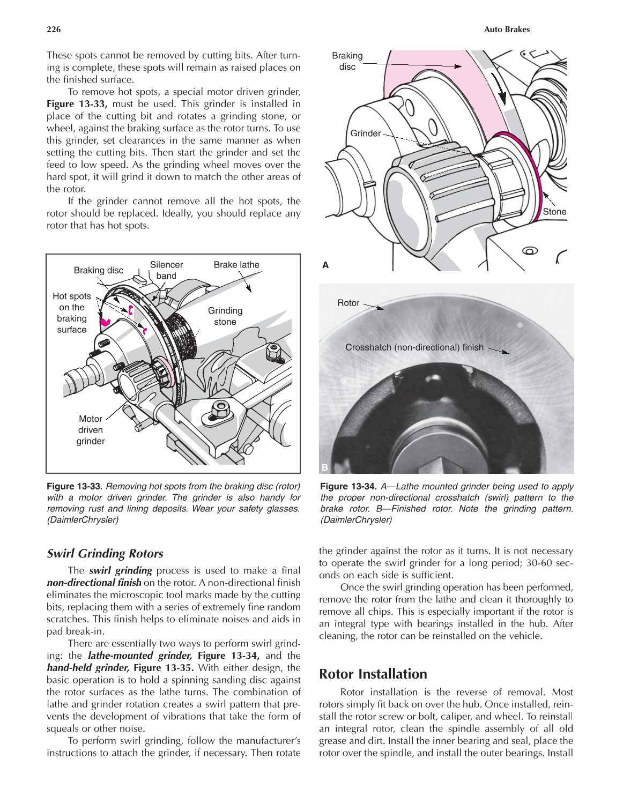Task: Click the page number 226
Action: [54, 29]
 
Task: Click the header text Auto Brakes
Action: [506, 29]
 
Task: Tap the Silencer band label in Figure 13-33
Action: [166, 270]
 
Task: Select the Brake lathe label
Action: [236, 265]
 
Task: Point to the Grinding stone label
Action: [225, 316]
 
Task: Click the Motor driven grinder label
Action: [90, 430]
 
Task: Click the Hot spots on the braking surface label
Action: [72, 313]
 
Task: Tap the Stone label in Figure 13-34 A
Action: [554, 212]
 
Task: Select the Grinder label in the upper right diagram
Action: [365, 133]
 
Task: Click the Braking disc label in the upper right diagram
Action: [347, 61]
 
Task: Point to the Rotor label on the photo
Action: [348, 303]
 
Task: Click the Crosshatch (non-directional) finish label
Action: [414, 347]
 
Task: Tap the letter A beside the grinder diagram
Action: [325, 265]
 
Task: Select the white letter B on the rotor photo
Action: [324, 467]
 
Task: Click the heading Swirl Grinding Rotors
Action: [105, 554]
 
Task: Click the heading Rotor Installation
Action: [373, 674]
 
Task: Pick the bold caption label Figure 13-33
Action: [74, 486]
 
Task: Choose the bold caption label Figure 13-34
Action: [347, 486]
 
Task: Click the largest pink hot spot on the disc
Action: [105, 322]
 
